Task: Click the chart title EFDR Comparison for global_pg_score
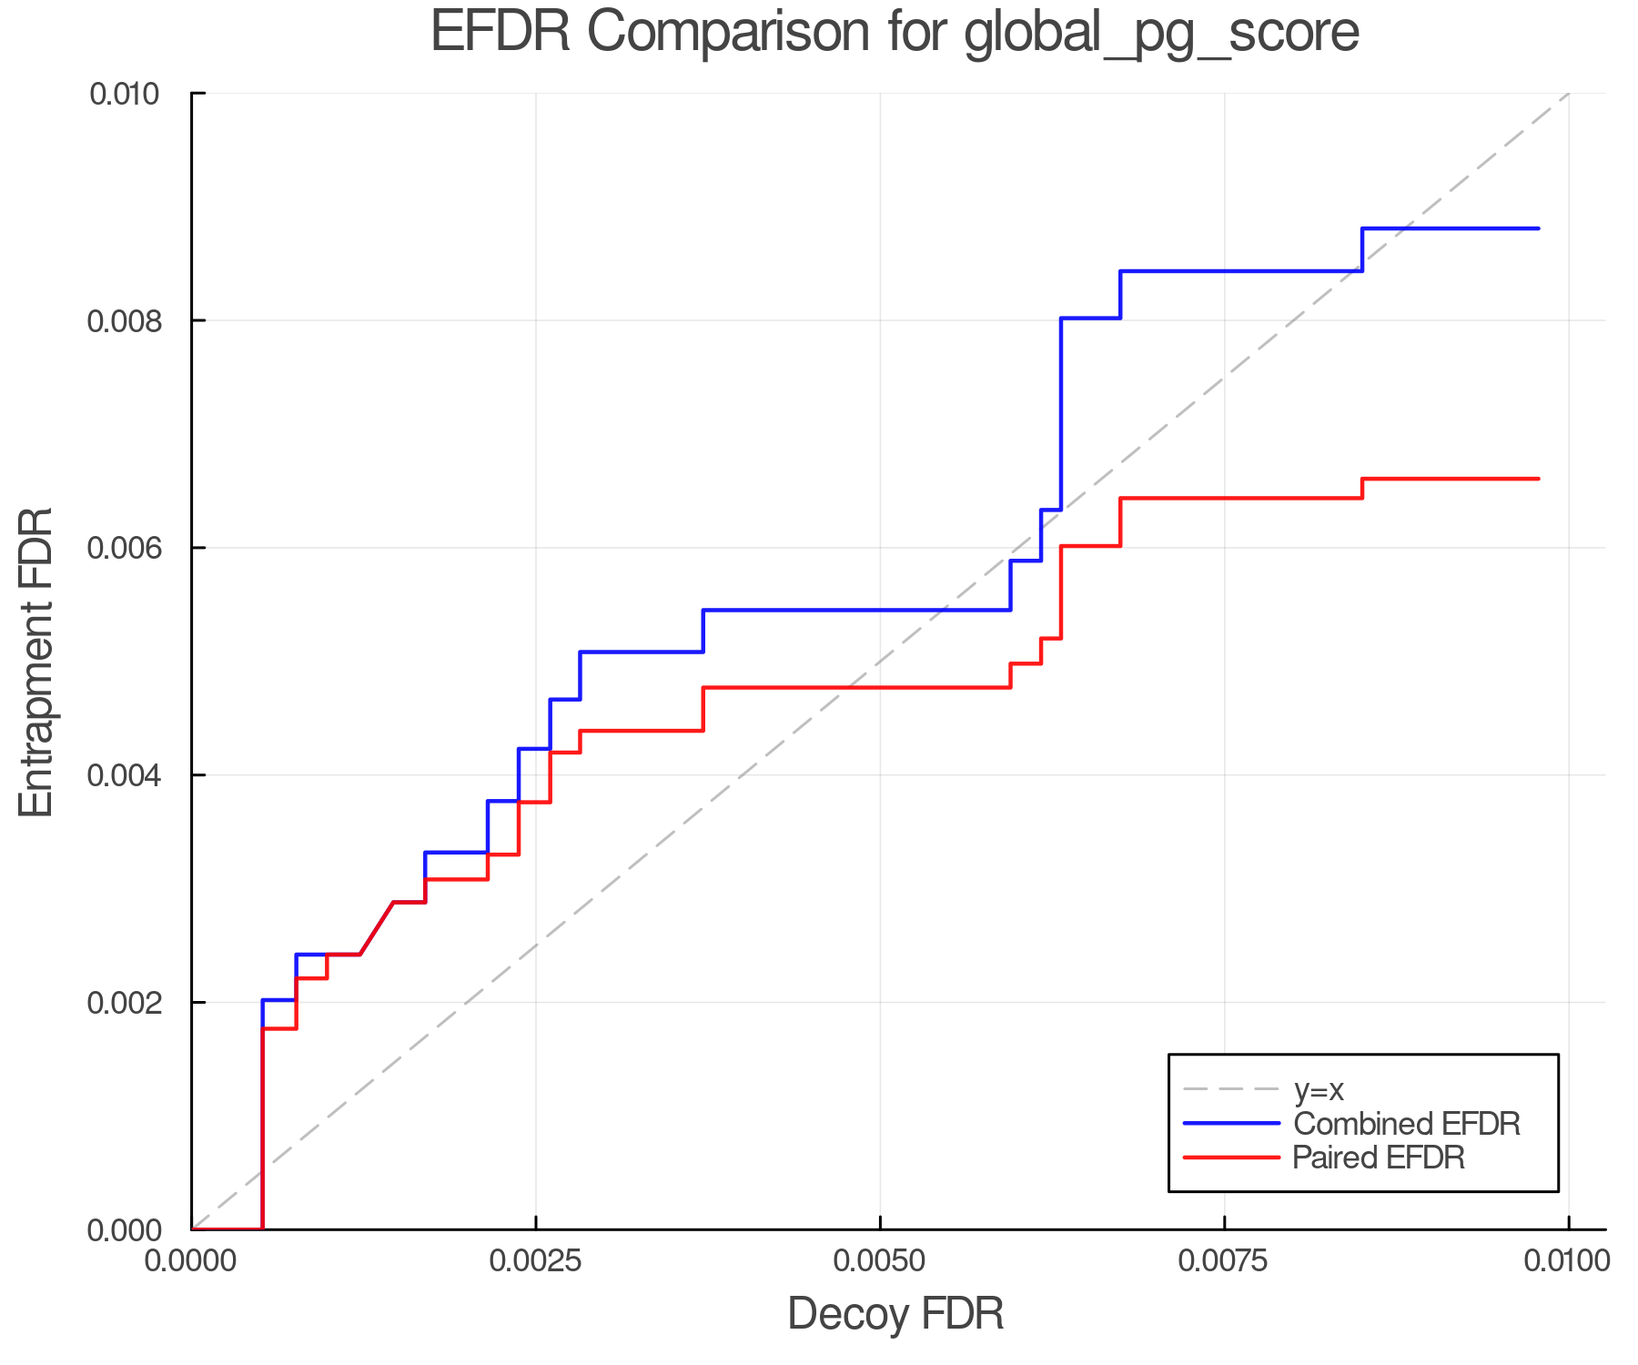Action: click(x=895, y=33)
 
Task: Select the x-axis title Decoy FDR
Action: click(x=895, y=1314)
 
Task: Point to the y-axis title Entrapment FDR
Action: click(x=37, y=662)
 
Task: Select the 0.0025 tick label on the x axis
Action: click(x=536, y=1261)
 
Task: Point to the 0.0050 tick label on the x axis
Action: click(x=880, y=1261)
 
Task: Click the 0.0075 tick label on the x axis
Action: click(x=1224, y=1261)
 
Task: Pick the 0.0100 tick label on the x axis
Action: click(x=1568, y=1261)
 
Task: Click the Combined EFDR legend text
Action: click(x=1407, y=1124)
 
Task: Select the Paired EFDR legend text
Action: click(x=1379, y=1158)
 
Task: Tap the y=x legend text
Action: click(x=1319, y=1089)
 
